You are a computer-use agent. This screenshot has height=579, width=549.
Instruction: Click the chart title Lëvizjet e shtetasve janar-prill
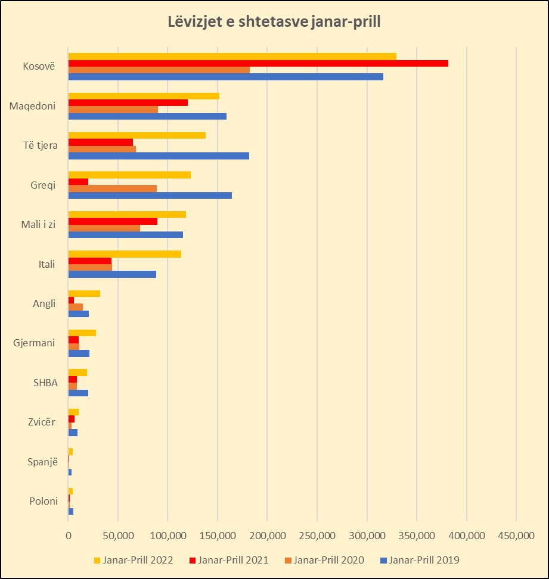click(274, 23)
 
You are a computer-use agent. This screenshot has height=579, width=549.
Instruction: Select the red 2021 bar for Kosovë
click(258, 63)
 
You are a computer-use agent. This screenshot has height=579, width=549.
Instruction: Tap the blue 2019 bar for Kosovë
click(226, 77)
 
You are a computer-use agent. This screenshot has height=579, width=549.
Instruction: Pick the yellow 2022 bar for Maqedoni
click(144, 96)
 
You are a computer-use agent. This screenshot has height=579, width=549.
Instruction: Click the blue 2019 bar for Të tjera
click(159, 156)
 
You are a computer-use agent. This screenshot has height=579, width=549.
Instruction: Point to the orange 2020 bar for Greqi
click(113, 188)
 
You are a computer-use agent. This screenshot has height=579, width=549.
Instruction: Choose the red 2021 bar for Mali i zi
click(113, 221)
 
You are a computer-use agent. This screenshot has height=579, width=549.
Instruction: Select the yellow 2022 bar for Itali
click(125, 254)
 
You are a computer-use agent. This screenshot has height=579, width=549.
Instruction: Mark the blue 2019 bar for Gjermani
click(79, 353)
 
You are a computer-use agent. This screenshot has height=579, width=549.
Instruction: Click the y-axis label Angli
click(44, 303)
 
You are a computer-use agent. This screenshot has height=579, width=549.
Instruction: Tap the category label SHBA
click(45, 383)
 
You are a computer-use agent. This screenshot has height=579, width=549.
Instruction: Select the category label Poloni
click(44, 501)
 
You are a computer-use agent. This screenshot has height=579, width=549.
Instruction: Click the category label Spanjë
click(44, 461)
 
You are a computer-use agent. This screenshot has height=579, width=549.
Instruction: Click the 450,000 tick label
click(516, 536)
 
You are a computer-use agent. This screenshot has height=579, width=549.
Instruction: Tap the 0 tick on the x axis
click(69, 536)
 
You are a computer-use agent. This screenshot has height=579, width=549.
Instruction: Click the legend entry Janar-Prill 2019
click(423, 559)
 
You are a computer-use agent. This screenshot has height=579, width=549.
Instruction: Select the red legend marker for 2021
click(192, 560)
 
